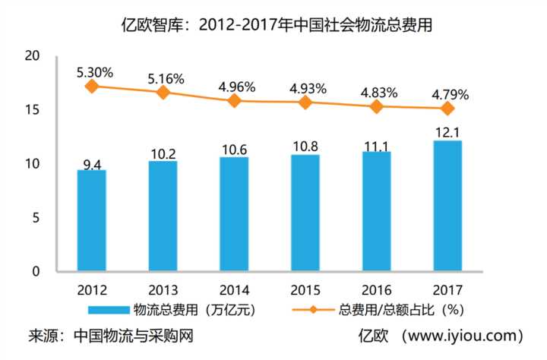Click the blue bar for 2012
tap(92, 220)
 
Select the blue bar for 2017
tap(447, 206)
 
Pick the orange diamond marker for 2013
tap(163, 92)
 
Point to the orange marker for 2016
tap(376, 106)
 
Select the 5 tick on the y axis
tap(35, 218)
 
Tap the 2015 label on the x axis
tap(305, 289)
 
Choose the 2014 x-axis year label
tap(234, 289)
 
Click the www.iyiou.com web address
tap(466, 336)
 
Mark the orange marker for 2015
tap(305, 102)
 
